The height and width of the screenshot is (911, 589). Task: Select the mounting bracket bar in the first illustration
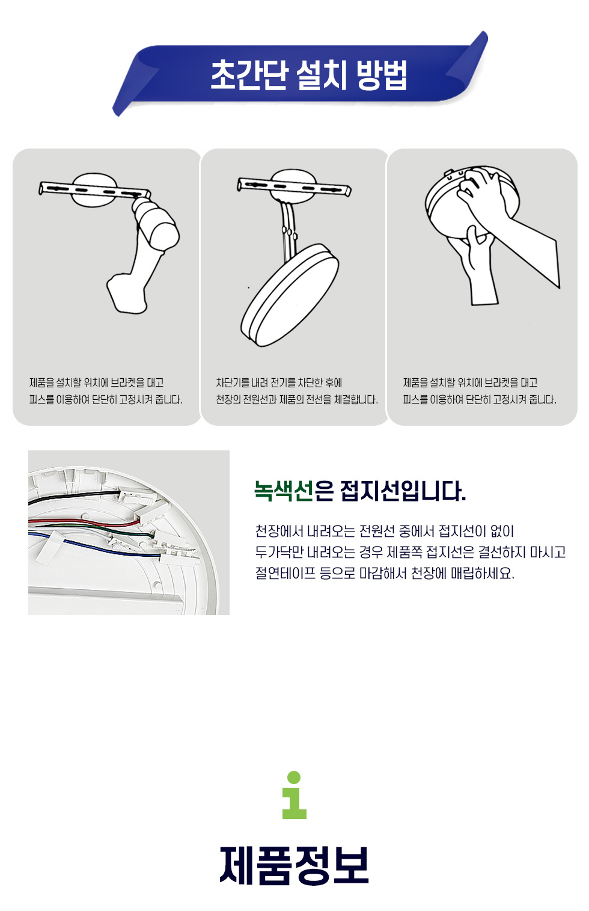pos(94,189)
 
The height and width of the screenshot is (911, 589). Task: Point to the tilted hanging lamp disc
pos(290,295)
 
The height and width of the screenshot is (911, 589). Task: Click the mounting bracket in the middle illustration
pos(294,185)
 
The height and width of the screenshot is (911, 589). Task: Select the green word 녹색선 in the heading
pos(284,491)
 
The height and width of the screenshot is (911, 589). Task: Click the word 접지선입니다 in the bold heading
pos(403,491)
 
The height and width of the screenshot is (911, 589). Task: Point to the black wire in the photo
pos(73,497)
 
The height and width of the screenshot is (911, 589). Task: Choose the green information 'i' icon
pos(294,795)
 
